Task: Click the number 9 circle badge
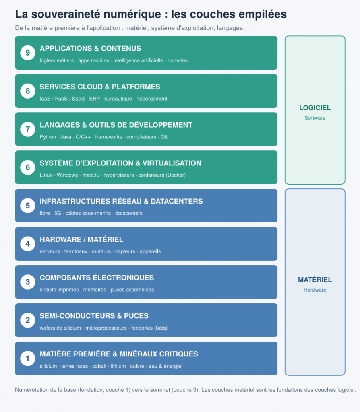pos(28,53)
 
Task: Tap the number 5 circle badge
pos(28,206)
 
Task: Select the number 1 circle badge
pos(28,358)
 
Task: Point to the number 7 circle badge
pos(28,129)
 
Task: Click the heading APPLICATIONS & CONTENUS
pos(90,49)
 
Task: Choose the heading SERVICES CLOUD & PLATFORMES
pos(100,87)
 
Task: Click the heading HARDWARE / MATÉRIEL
pos(81,240)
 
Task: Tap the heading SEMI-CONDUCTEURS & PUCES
pos(94,316)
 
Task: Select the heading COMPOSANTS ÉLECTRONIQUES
pos(97,278)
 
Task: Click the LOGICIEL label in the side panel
pos(315,108)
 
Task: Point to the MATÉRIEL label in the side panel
pos(315,280)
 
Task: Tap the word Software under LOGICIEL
pos(315,118)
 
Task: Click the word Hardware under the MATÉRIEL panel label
pos(315,290)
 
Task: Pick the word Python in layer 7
pos(48,137)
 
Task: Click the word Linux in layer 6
pos(46,175)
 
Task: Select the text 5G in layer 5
pos(58,213)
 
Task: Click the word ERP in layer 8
pos(94,99)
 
